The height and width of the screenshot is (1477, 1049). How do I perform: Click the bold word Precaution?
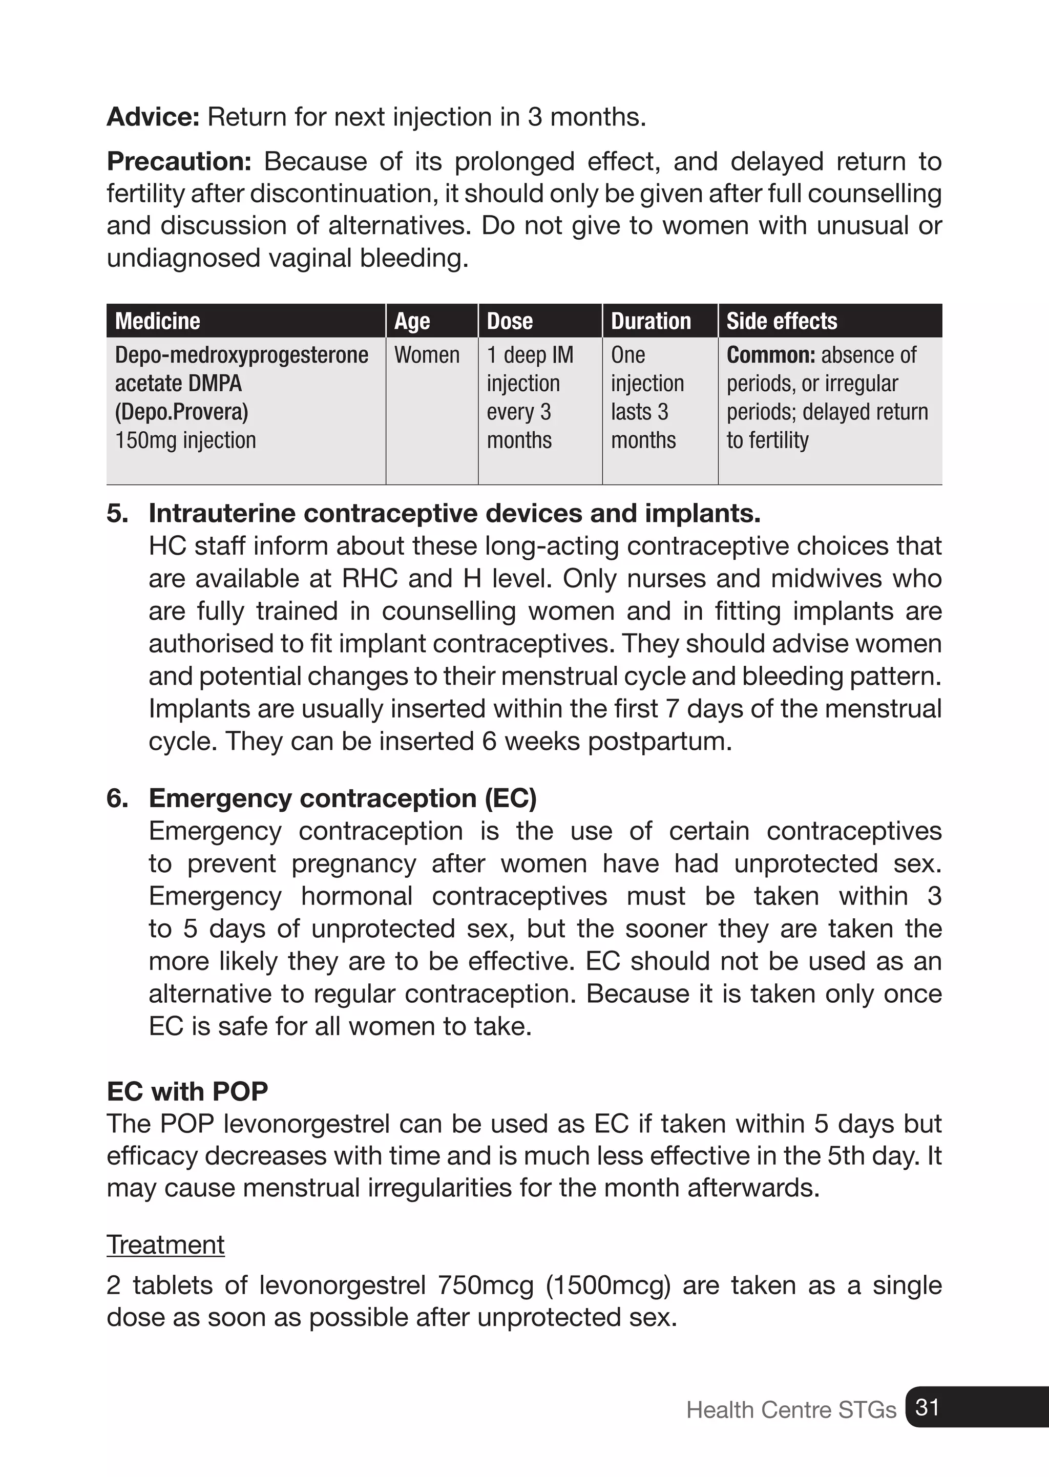[179, 161]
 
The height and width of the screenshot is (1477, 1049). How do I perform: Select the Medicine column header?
[158, 321]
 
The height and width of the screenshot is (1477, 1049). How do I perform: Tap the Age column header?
[412, 321]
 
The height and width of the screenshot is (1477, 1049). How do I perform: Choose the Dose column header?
[510, 321]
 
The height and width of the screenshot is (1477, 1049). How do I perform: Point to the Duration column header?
[651, 321]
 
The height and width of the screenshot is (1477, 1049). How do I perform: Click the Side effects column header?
[782, 321]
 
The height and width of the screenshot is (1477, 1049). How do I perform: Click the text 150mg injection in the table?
[185, 440]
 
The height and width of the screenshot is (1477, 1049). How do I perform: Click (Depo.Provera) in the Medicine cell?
[181, 411]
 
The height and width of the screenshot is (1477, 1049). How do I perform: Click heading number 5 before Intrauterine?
[116, 514]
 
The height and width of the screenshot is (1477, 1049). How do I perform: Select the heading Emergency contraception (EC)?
[342, 798]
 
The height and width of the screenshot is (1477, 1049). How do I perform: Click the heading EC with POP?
[187, 1091]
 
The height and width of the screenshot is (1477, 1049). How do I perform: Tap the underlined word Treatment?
[165, 1244]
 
